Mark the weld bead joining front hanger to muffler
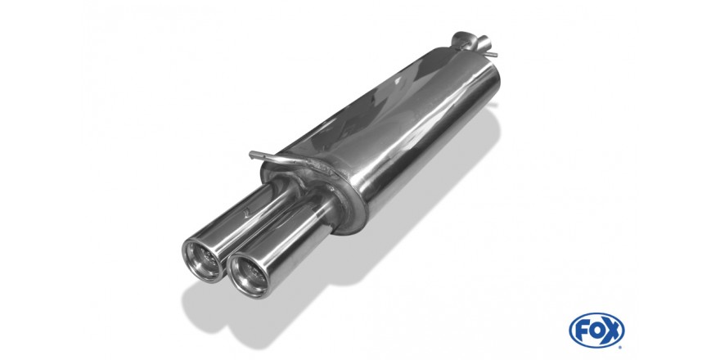tap(317, 164)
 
